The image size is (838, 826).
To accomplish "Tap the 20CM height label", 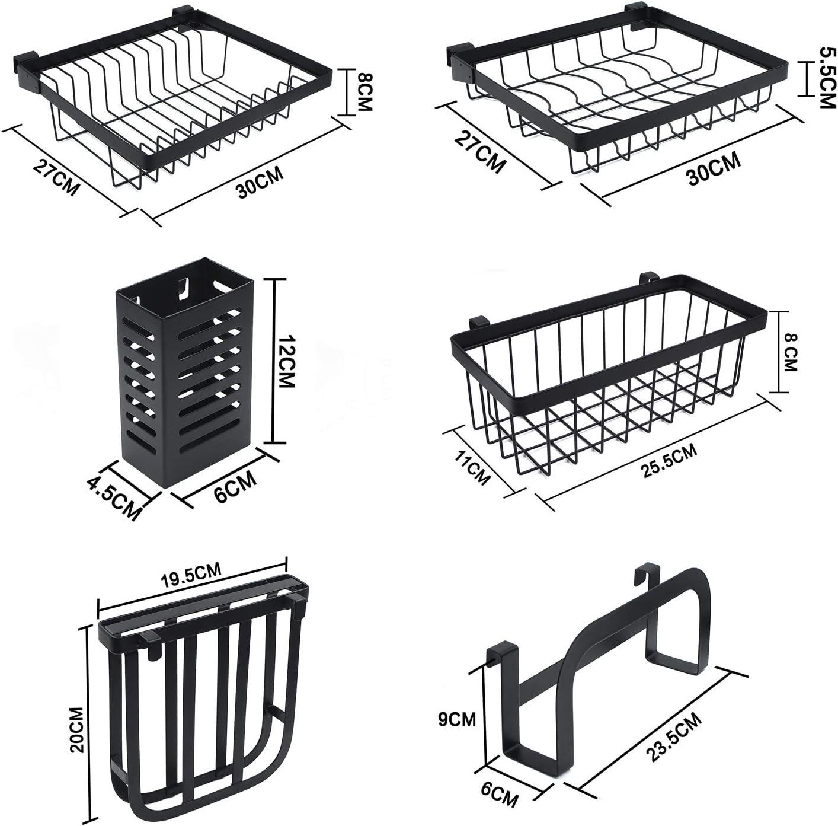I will (x=78, y=729).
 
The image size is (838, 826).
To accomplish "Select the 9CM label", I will (x=457, y=720).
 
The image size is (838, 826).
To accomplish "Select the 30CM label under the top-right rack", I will (x=714, y=168).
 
